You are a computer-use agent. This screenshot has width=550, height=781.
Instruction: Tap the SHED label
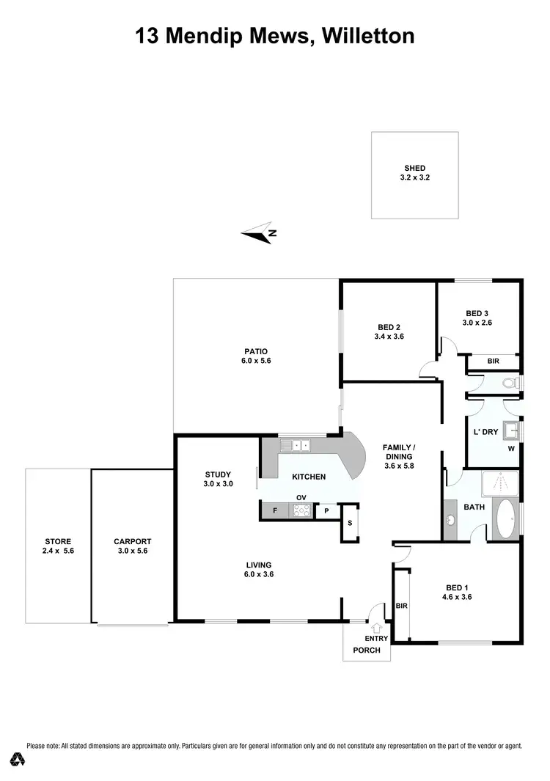pyautogui.click(x=414, y=173)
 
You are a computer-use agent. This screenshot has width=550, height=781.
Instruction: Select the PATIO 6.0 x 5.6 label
pyautogui.click(x=256, y=356)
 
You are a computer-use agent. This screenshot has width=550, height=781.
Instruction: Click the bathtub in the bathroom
pyautogui.click(x=505, y=520)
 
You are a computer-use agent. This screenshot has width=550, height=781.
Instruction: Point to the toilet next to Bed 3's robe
pyautogui.click(x=510, y=383)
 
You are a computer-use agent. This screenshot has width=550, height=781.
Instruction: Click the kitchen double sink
pyautogui.click(x=298, y=444)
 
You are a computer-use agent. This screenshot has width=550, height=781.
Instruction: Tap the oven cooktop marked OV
pyautogui.click(x=300, y=510)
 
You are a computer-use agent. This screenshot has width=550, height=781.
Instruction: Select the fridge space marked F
pyautogui.click(x=275, y=510)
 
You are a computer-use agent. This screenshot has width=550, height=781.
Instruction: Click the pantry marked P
pyautogui.click(x=326, y=511)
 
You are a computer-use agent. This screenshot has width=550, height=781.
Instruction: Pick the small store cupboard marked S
pyautogui.click(x=350, y=523)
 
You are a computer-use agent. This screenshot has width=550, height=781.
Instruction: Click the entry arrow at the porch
pyautogui.click(x=377, y=628)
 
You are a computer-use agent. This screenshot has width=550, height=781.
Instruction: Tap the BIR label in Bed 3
pyautogui.click(x=494, y=362)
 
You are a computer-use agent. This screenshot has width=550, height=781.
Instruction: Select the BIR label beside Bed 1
pyautogui.click(x=401, y=606)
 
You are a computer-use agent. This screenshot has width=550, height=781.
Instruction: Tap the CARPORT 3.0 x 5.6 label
pyautogui.click(x=132, y=546)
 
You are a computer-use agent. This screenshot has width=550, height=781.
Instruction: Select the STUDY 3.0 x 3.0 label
pyautogui.click(x=218, y=479)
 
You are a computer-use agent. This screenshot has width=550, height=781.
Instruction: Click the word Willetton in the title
pyautogui.click(x=365, y=35)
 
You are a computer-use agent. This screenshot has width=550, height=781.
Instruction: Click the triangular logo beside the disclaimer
pyautogui.click(x=14, y=757)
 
